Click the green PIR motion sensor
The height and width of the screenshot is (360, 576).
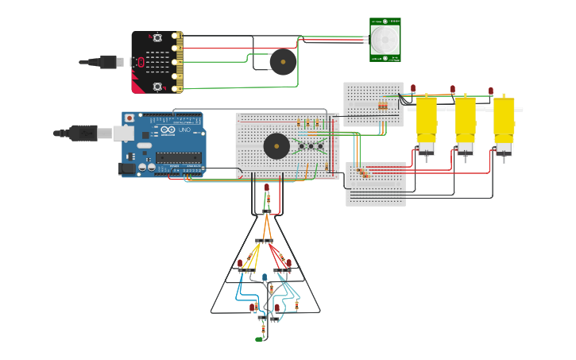[x=385, y=39]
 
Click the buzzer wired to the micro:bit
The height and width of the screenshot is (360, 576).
[x=282, y=62]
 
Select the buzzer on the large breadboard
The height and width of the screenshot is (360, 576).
[x=276, y=145]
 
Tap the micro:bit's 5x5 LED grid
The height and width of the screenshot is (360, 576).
[x=158, y=62]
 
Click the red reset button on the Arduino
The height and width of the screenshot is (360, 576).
[x=130, y=118]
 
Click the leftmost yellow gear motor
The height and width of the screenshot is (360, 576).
[x=427, y=123]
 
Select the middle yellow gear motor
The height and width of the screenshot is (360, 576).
[x=465, y=123]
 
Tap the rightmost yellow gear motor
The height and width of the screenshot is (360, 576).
[x=504, y=123]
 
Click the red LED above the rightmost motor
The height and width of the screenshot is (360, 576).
[x=491, y=91]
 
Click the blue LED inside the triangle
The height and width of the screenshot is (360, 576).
[x=265, y=277]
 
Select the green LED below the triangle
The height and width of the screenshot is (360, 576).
[x=260, y=339]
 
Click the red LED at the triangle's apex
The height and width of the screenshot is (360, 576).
[x=266, y=188]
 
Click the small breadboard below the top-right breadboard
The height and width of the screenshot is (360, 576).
[x=376, y=184]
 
